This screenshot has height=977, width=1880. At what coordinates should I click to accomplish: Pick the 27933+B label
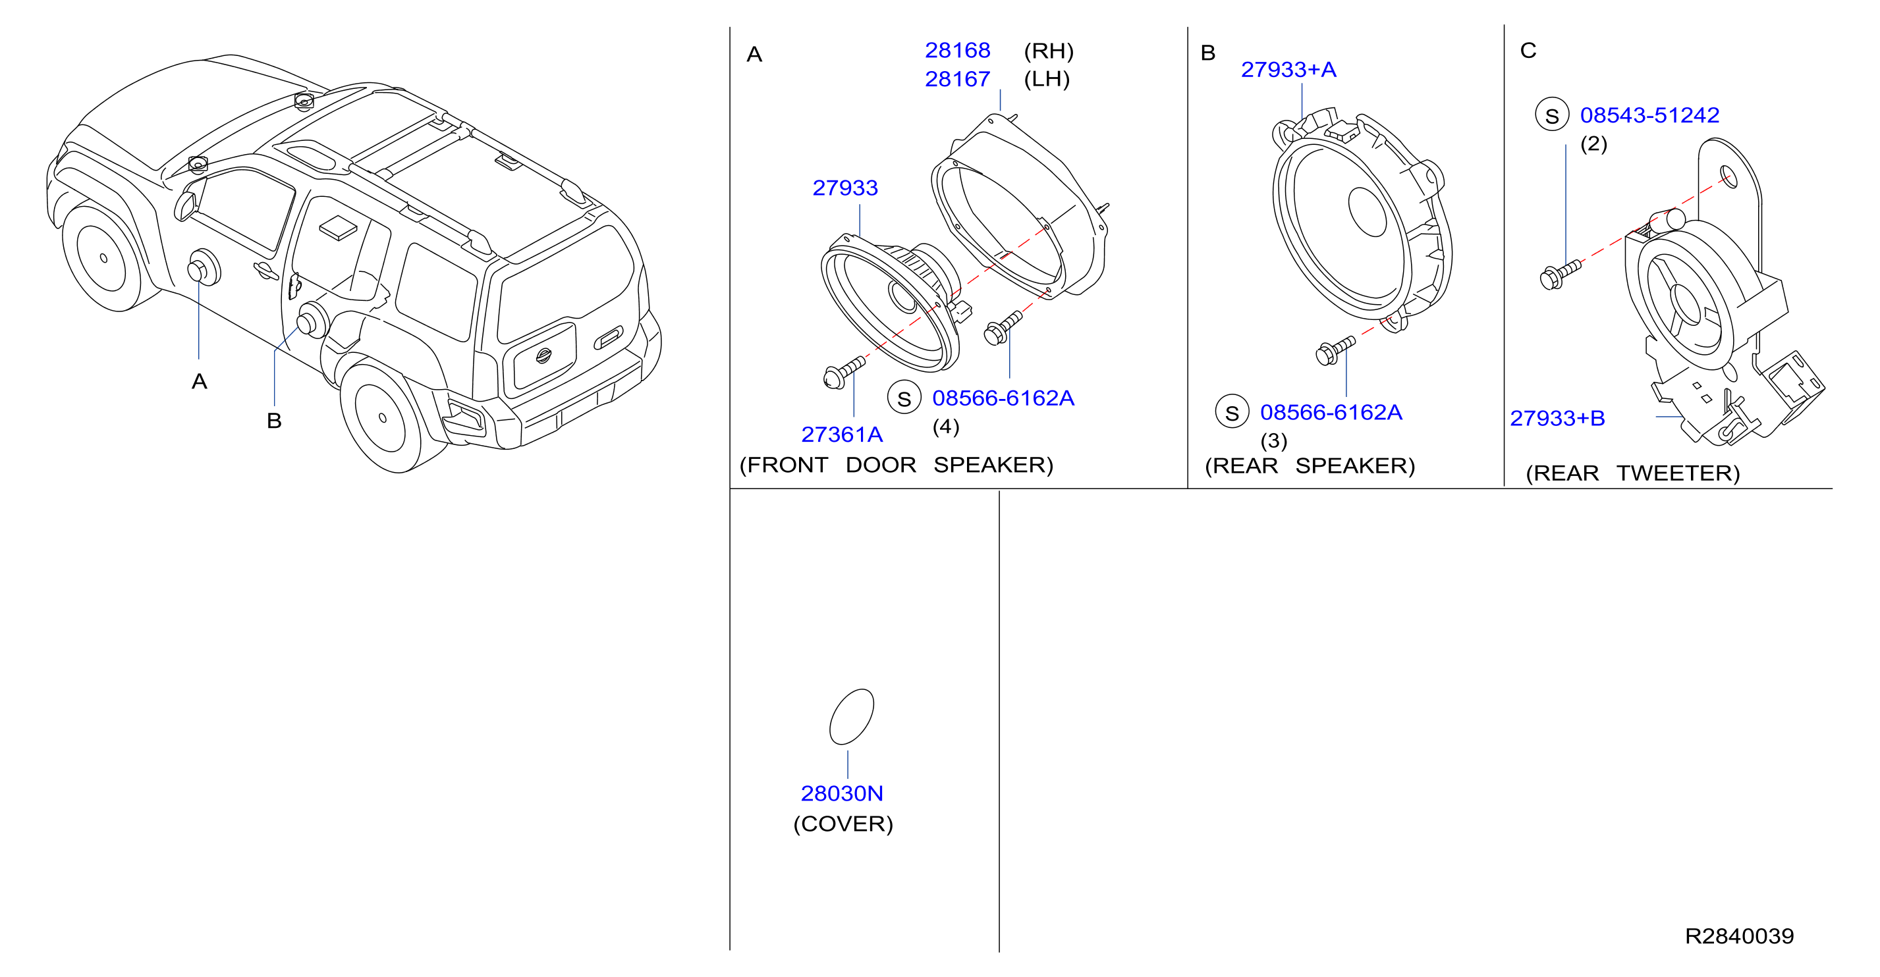1557,418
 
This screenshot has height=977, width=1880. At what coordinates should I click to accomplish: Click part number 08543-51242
1649,115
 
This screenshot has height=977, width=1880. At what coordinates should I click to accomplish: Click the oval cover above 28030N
852,716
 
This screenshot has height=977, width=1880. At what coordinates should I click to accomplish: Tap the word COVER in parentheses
843,824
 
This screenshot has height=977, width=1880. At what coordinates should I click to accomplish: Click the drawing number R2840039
1739,936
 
